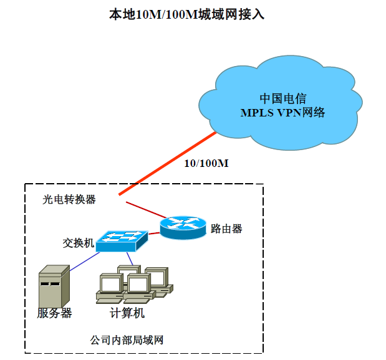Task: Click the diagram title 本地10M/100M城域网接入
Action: point(187,14)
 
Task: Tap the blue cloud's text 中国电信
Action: point(283,98)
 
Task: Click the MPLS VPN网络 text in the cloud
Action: point(282,113)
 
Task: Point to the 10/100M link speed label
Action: point(206,163)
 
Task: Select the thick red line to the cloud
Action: point(168,164)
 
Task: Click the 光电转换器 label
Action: point(69,199)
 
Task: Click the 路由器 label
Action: point(226,229)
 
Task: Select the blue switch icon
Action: point(122,241)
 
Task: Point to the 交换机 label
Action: point(79,243)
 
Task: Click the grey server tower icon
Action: point(54,287)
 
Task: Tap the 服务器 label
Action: point(54,313)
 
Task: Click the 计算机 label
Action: point(127,313)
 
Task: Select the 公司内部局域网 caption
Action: point(127,340)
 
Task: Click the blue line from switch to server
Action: point(85,262)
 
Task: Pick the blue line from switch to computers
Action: point(130,258)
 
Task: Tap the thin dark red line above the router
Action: point(146,210)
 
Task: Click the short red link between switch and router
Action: point(154,233)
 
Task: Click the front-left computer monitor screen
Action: point(110,285)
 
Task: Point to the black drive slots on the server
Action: point(50,284)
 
